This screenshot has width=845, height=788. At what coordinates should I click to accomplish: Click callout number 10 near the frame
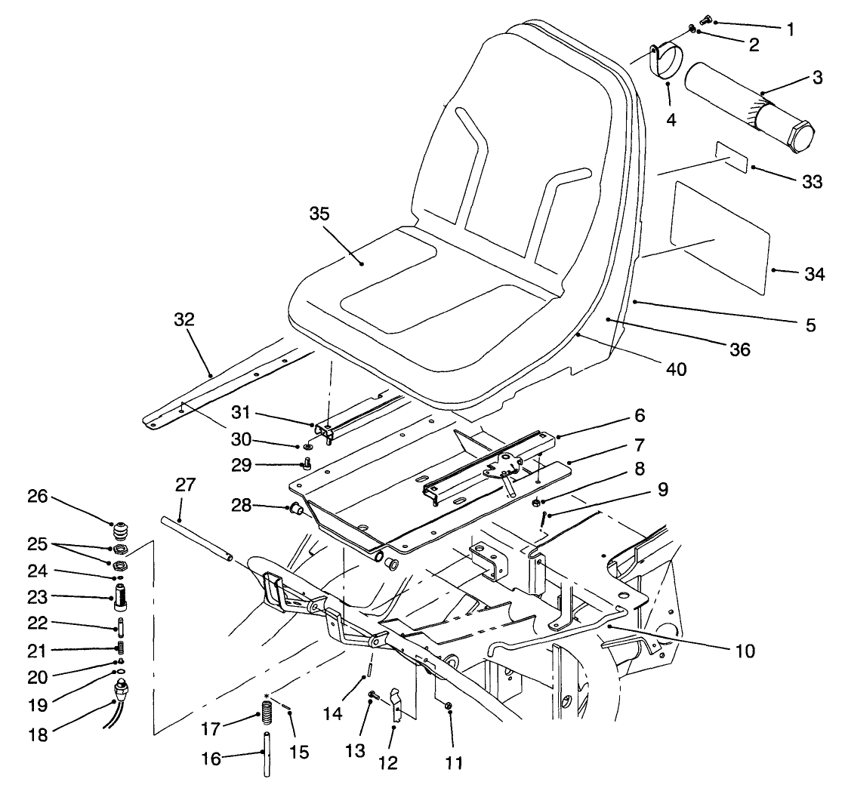click(x=745, y=650)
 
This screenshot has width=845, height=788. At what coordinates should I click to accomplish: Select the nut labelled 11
click(x=448, y=706)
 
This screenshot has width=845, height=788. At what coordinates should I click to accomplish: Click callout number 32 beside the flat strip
click(x=183, y=319)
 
